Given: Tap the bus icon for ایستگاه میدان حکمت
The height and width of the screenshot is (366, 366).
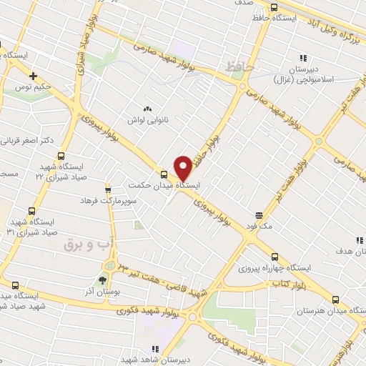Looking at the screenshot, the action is point(165,174).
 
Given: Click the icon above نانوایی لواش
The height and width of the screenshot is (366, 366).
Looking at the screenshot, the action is point(148,108).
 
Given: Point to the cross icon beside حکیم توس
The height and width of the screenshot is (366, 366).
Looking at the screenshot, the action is point(33,75).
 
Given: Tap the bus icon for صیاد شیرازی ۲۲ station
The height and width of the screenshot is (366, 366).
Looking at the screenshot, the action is point(61,155).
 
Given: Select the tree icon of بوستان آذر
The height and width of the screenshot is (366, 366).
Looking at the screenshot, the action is point(102,280).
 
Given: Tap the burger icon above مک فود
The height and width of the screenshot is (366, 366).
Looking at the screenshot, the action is point(259,214).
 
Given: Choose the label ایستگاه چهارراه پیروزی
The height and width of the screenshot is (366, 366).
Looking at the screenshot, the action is point(272,267).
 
